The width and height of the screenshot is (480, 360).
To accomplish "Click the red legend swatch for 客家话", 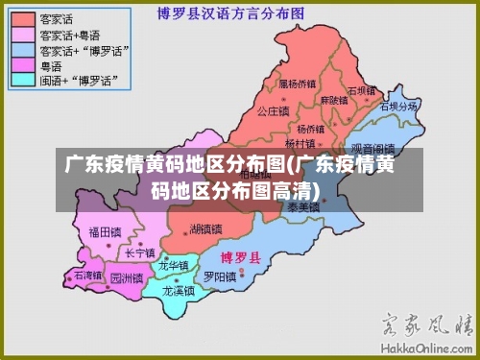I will click(x=20, y=18).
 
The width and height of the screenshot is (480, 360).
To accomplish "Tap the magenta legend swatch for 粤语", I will click(x=20, y=64).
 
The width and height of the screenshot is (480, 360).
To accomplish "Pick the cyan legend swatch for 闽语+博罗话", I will click(x=20, y=80).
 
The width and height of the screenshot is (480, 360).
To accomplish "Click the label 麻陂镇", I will click(x=335, y=100).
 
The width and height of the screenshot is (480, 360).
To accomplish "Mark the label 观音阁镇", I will click(x=372, y=149).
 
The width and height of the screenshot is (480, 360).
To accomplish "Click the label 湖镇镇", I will click(x=205, y=228).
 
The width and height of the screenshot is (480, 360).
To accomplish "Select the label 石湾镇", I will click(x=87, y=276).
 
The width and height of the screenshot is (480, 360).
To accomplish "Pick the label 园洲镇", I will click(x=126, y=278).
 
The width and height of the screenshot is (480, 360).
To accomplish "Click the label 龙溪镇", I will click(x=179, y=289).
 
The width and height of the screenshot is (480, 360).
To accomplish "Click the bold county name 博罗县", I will click(x=239, y=258).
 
